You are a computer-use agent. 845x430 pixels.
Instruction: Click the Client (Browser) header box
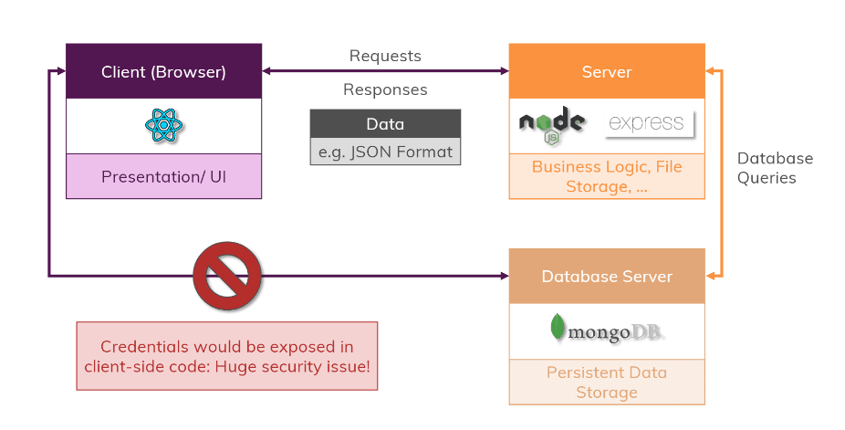163,71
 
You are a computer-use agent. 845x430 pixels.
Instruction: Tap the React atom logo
164,125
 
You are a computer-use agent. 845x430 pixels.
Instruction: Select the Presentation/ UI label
163,176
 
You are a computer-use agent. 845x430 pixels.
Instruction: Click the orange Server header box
606,71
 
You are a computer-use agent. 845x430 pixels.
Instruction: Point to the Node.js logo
551,125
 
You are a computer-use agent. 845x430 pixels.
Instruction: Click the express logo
648,123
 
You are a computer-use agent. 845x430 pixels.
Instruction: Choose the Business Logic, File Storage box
606,176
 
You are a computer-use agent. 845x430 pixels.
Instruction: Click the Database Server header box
606,276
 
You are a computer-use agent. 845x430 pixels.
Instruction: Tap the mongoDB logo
606,330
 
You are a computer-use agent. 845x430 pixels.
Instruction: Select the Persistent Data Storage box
606,383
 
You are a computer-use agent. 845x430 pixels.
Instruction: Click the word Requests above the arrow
385,56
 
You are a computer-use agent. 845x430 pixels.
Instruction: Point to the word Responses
385,89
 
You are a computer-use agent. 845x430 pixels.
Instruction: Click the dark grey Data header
385,124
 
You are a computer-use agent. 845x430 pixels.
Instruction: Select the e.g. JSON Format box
385,151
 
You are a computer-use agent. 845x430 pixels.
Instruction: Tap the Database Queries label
775,168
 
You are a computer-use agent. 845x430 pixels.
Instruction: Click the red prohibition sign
227,275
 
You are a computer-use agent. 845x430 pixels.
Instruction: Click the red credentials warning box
226,356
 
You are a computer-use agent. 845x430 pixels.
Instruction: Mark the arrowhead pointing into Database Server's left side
502,275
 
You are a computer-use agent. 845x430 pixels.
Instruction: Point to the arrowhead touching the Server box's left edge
502,71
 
